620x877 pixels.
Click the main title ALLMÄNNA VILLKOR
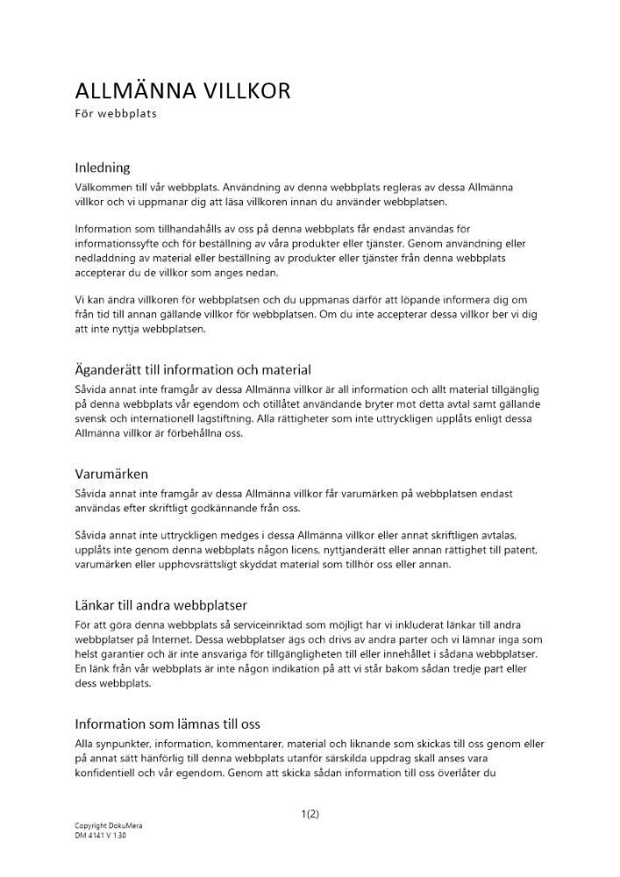[x=182, y=90]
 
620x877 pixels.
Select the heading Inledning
[x=103, y=167]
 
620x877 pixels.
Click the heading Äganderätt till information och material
[x=193, y=369]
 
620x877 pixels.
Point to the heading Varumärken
[x=111, y=474]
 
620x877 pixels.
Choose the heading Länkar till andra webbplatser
[x=161, y=604]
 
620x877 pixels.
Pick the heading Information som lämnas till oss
[x=167, y=724]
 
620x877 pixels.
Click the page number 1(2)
[x=310, y=814]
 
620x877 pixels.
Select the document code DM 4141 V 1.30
[x=101, y=836]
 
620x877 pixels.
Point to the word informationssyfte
[x=123, y=243]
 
